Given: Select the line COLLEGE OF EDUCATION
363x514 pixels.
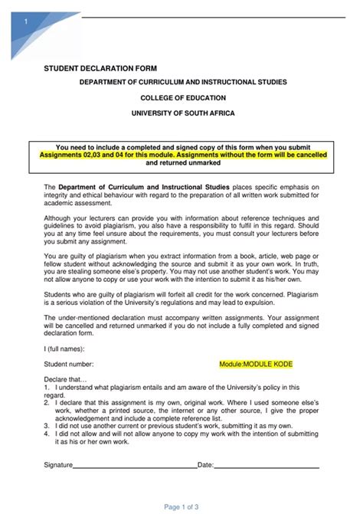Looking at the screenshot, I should click(181, 97).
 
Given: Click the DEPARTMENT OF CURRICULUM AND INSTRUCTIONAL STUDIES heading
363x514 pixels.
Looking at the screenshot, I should click(181, 82).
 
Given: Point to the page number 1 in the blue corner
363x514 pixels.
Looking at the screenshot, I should click(26, 22).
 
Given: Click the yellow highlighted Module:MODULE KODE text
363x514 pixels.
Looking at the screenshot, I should click(256, 365).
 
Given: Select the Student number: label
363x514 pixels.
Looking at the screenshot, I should click(69, 365).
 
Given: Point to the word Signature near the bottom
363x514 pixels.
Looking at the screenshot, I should click(58, 464).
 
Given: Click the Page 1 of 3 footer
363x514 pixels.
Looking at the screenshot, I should click(181, 506).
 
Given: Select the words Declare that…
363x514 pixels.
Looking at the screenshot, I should click(66, 379).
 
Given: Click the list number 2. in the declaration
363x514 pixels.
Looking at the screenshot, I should click(47, 401).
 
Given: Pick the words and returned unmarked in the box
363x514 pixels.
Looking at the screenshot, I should click(183, 162).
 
